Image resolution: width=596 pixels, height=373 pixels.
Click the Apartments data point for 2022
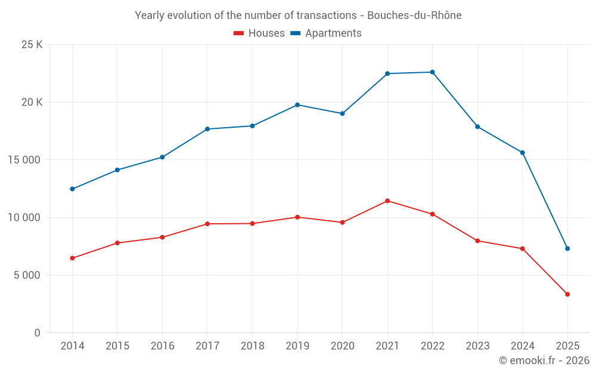(x=432, y=72)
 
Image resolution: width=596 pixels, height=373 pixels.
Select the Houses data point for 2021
(x=387, y=201)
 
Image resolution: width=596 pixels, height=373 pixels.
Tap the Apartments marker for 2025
(x=567, y=248)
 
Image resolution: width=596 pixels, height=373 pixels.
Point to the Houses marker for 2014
(x=72, y=258)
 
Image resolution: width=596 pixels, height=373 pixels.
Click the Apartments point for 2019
(x=297, y=105)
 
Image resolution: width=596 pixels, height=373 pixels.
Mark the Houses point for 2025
(x=567, y=294)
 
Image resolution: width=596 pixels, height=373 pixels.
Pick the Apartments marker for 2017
(x=207, y=129)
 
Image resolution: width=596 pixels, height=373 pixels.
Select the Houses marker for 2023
(x=477, y=241)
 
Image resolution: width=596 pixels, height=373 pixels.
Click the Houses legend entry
(x=259, y=33)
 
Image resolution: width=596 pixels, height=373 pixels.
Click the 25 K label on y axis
(x=31, y=45)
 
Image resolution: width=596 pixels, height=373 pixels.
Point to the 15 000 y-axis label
(x=24, y=160)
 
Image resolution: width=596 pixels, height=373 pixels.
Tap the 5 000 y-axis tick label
(x=27, y=275)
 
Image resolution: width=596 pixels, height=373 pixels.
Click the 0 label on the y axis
(x=37, y=332)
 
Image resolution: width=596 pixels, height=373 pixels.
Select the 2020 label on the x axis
(x=342, y=346)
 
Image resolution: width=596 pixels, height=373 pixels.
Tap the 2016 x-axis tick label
(x=162, y=346)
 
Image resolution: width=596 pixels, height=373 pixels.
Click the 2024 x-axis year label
(x=522, y=346)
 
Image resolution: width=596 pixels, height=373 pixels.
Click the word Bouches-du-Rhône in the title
(x=414, y=16)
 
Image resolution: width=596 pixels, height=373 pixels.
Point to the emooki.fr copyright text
(x=544, y=360)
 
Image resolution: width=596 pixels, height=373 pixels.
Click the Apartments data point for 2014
(x=72, y=189)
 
